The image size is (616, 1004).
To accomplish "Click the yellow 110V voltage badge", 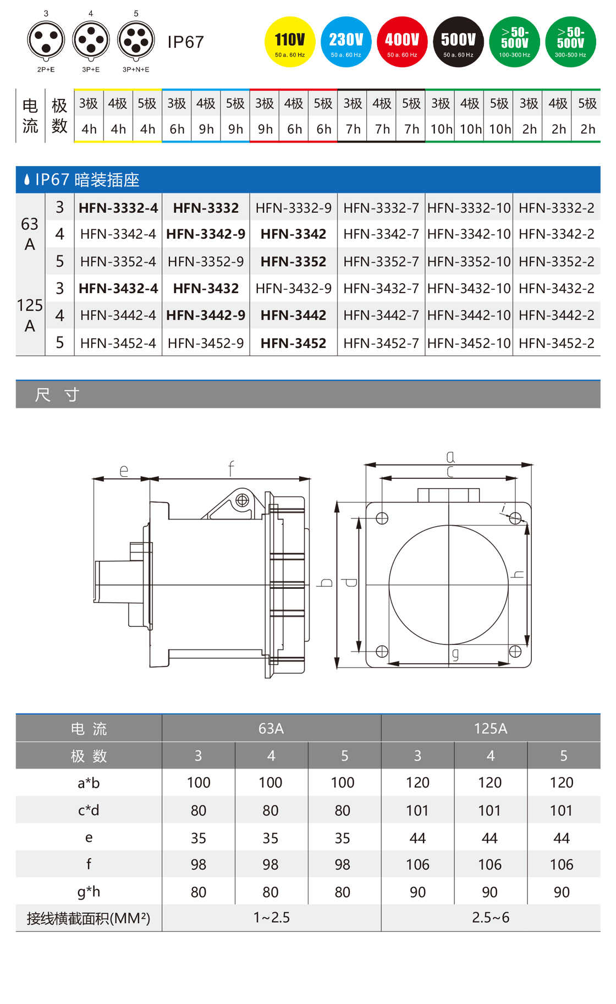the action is [x=290, y=42].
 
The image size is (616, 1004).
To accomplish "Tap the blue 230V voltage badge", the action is [x=346, y=42].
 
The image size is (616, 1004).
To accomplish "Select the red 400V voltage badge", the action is [x=402, y=42].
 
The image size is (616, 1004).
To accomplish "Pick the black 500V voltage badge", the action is [x=458, y=42].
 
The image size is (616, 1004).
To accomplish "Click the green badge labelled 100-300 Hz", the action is [x=514, y=42].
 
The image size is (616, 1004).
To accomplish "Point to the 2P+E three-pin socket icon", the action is [x=46, y=41].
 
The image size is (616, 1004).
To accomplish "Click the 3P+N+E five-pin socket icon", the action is [x=136, y=41].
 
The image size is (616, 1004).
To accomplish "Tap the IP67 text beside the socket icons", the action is [x=186, y=42].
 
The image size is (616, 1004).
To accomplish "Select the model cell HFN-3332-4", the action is [x=118, y=208].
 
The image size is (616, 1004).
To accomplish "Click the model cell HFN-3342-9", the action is [x=206, y=234].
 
